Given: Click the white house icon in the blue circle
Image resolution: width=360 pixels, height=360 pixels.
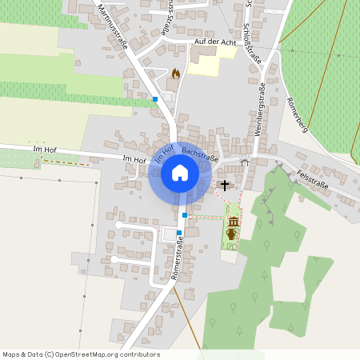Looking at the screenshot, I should point(179,172).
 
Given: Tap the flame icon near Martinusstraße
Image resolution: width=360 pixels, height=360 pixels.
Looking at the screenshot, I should point(176,74).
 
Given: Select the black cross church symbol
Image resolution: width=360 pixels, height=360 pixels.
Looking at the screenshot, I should point(225,186).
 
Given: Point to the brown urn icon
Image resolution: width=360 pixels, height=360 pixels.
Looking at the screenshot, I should point(232,234).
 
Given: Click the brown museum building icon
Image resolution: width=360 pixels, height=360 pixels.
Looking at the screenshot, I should point(234,221).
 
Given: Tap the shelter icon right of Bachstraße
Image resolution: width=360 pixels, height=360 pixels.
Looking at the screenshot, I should point(245,162).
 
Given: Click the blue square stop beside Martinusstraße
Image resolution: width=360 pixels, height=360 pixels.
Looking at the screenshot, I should point(155,99).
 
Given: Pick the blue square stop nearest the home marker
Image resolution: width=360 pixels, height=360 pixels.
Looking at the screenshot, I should point(185,215).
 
